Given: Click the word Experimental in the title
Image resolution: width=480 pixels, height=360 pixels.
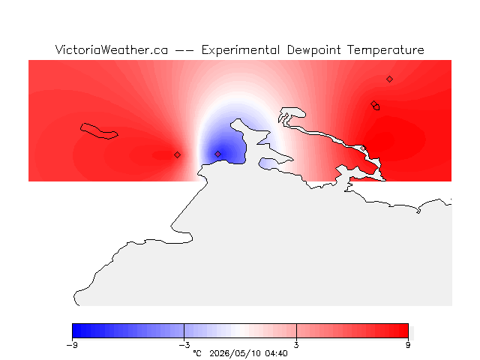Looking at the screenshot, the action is pos(240,50).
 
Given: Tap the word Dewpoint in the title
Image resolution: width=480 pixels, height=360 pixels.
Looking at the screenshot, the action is pos(313,50).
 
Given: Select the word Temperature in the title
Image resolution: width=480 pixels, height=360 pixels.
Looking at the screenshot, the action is pos(385,50).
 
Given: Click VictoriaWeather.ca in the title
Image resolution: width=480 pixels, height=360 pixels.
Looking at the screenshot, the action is pos(112,50).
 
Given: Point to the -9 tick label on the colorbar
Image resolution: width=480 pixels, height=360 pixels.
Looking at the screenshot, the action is pos(72,345).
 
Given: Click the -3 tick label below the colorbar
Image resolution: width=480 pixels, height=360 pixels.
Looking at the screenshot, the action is pos(184,345).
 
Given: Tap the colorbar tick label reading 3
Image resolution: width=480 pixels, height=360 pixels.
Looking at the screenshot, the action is pos(296,345).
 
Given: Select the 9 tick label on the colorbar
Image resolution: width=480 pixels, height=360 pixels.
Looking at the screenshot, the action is pos(408,345).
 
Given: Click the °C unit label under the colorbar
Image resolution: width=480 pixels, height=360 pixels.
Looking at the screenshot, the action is pos(197,353).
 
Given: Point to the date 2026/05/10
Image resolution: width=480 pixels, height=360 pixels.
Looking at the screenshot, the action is pos(235,353).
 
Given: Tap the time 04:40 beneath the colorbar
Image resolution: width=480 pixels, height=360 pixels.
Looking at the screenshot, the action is pos(277,353).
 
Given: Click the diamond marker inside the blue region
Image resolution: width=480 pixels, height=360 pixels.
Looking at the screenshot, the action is pos(217,154).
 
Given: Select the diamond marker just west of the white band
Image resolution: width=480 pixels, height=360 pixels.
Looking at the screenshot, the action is pos(177,155).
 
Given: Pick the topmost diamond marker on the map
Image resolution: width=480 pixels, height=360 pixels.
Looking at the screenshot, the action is pos(389,79).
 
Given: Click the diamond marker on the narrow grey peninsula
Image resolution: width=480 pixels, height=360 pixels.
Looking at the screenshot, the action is pos(363,148).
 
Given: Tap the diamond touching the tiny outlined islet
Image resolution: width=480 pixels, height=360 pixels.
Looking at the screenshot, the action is pos(373,103).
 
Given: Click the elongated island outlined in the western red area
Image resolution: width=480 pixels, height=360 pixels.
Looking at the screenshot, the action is pos(98,131).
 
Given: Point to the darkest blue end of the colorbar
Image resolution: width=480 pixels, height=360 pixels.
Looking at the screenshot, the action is pos(75,331).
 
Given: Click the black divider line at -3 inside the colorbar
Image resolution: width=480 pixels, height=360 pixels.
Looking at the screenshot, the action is pos(184,331).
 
